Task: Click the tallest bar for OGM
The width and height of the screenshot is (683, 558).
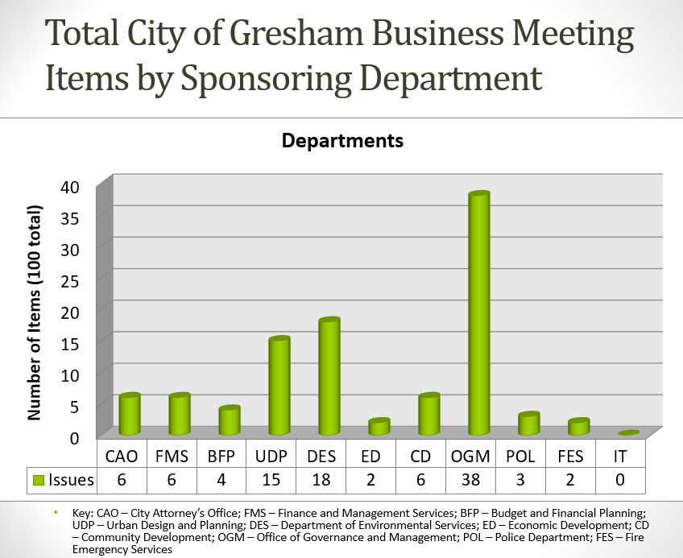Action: pyautogui.click(x=479, y=314)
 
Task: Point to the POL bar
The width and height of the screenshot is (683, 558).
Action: pyautogui.click(x=528, y=424)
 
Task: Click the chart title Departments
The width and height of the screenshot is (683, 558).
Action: pyautogui.click(x=342, y=142)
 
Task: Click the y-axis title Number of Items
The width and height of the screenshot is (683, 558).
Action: pyautogui.click(x=34, y=313)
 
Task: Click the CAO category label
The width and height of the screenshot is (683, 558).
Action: pyautogui.click(x=122, y=457)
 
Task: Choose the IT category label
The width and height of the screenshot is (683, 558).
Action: pyautogui.click(x=620, y=457)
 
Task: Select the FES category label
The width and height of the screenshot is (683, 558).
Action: pyautogui.click(x=570, y=457)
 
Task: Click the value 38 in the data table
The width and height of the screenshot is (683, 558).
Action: pyautogui.click(x=471, y=481)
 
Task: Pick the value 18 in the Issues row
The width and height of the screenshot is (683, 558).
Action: pyautogui.click(x=321, y=481)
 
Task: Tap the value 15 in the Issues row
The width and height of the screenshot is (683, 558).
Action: pyautogui.click(x=271, y=481)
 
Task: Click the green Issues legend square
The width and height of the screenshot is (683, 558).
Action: pyautogui.click(x=38, y=481)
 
